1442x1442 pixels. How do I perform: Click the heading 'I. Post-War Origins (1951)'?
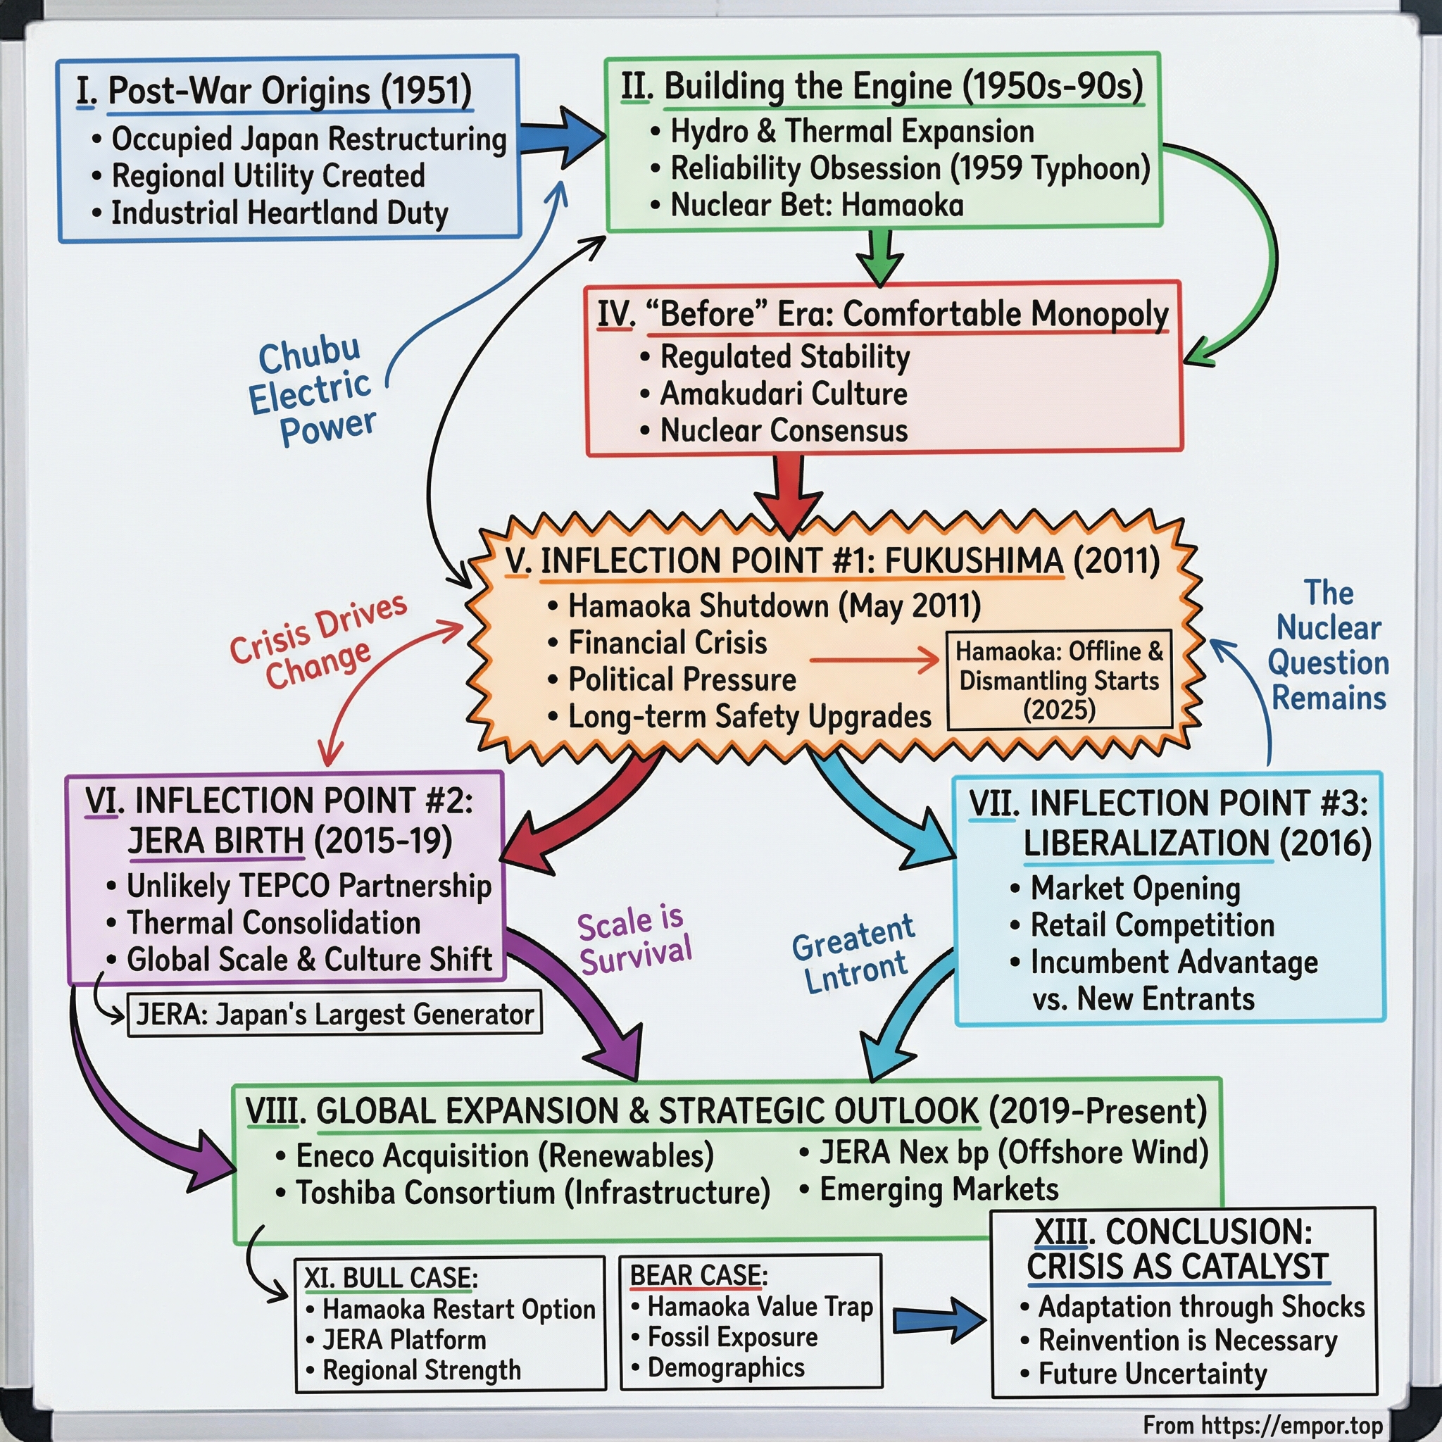[275, 91]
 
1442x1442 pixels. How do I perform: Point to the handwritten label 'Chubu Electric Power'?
[312, 392]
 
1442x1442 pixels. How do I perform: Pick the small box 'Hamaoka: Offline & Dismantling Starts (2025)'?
[1059, 680]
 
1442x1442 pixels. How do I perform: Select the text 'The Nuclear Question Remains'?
[1328, 645]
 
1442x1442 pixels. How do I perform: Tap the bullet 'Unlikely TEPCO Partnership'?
[308, 886]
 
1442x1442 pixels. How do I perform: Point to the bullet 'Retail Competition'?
[1152, 924]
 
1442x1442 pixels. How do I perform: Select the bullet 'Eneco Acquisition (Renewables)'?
[505, 1155]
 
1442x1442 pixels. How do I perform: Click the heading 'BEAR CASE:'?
[698, 1276]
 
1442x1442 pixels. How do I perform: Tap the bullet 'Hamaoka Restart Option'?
[458, 1309]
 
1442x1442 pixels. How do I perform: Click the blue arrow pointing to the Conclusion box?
[939, 1320]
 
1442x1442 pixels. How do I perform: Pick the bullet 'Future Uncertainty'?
[1153, 1373]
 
